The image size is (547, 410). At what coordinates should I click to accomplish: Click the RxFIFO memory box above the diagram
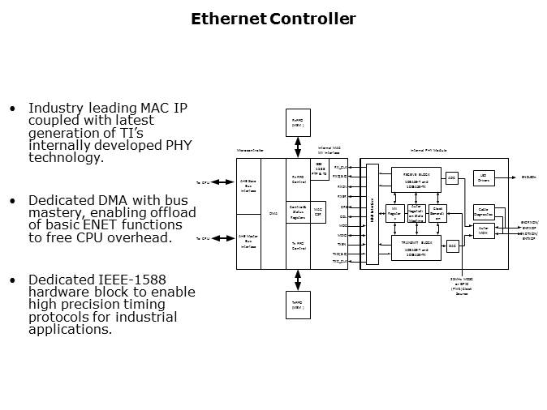pyautogui.click(x=297, y=123)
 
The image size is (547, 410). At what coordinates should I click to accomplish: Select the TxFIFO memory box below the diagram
pyautogui.click(x=297, y=305)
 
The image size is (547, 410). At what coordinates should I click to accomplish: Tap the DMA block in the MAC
pyautogui.click(x=273, y=213)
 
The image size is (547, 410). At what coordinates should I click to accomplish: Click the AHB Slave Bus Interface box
pyautogui.click(x=247, y=186)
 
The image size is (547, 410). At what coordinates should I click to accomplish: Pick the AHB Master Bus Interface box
pyautogui.click(x=247, y=241)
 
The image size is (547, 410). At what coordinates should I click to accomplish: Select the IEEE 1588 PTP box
pyautogui.click(x=319, y=170)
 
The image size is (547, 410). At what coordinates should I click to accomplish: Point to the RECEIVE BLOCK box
pyautogui.click(x=416, y=178)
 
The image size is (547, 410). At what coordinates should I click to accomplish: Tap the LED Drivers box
pyautogui.click(x=484, y=177)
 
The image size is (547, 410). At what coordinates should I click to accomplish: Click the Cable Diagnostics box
pyautogui.click(x=484, y=211)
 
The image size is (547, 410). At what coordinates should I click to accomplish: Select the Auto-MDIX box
pyautogui.click(x=484, y=229)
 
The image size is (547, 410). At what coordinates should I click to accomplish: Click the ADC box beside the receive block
pyautogui.click(x=452, y=177)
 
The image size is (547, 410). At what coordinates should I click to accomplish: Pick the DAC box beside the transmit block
pyautogui.click(x=452, y=245)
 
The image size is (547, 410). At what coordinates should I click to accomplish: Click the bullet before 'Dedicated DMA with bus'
pyautogui.click(x=11, y=200)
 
